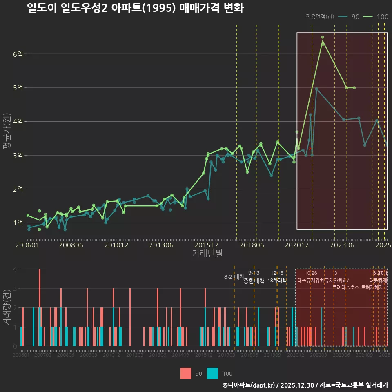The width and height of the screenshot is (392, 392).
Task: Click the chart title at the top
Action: (135, 9)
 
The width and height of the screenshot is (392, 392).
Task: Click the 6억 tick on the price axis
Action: (18, 54)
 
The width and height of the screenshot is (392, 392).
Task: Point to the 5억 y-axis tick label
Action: (18, 88)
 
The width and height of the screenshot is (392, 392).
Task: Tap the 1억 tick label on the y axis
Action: (18, 223)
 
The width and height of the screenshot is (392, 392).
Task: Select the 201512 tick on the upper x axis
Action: (206, 245)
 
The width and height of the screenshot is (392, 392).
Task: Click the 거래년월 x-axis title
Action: (207, 254)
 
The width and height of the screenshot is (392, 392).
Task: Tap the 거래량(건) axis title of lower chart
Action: (7, 307)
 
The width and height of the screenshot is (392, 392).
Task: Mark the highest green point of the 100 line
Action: (323, 37)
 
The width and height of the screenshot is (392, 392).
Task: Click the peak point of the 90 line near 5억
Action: (316, 89)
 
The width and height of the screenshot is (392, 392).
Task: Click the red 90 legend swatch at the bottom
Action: (186, 373)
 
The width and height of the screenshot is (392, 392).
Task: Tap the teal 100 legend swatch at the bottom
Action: (213, 373)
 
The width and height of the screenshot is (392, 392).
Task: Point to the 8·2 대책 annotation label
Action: (234, 277)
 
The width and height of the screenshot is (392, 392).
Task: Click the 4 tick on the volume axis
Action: (15, 269)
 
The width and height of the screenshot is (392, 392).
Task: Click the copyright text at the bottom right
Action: (305, 385)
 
